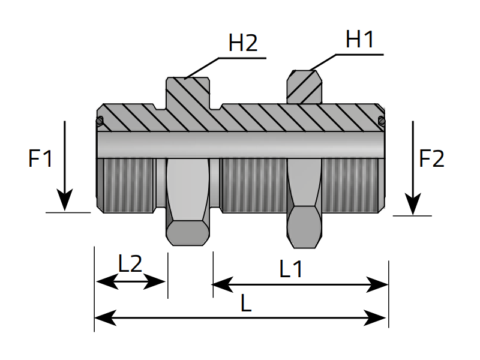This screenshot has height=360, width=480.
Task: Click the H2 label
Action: (x=243, y=43)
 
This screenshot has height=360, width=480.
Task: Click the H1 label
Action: (x=360, y=40)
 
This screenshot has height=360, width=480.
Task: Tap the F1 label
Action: (x=41, y=159)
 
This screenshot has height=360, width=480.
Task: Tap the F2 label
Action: (x=431, y=159)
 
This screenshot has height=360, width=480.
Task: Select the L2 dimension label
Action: (x=130, y=263)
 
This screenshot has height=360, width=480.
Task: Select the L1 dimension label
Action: (x=292, y=269)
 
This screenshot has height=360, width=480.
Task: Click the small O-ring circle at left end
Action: (x=100, y=122)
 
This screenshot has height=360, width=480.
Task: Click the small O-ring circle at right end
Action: (x=382, y=122)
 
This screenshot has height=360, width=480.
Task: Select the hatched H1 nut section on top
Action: (x=304, y=87)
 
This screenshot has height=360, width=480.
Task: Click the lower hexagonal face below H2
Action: (x=187, y=232)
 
